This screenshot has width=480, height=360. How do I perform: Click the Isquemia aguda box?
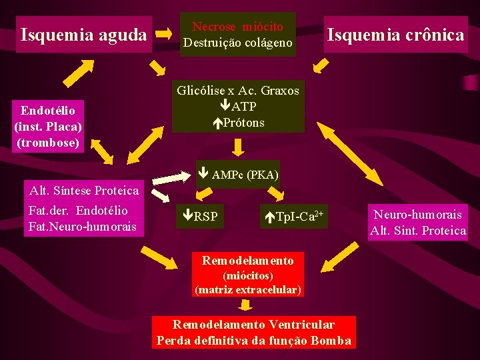[x=84, y=34]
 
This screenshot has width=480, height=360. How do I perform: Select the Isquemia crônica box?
[x=395, y=35]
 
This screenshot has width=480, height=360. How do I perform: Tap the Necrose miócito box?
[x=238, y=35]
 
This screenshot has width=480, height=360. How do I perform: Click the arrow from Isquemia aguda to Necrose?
[x=164, y=33]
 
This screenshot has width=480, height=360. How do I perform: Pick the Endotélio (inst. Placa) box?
[x=48, y=127]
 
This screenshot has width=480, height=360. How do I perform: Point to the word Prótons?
[x=243, y=123]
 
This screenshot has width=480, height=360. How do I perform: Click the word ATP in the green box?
[x=243, y=107]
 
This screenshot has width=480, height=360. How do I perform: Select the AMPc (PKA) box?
[x=238, y=175]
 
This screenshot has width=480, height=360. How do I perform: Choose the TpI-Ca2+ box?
[x=294, y=216]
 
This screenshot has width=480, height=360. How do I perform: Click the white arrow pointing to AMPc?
[x=171, y=177]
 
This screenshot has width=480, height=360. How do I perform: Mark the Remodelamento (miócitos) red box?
[x=247, y=274]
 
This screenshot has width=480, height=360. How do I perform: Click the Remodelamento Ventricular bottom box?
[x=253, y=333]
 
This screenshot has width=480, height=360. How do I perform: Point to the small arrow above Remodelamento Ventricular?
[x=246, y=305]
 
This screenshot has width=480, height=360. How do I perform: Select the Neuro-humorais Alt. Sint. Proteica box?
[x=418, y=223]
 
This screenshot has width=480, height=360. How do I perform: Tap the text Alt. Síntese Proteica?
[x=84, y=191]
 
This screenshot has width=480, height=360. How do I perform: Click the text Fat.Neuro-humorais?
[x=82, y=227]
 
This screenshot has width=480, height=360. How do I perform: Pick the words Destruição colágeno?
[x=238, y=43]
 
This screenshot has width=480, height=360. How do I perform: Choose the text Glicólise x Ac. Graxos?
[x=238, y=90]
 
